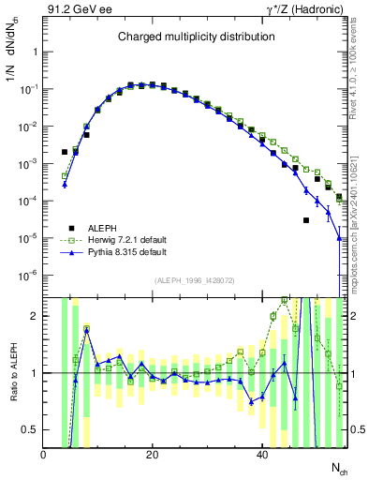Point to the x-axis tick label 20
tap(152, 453)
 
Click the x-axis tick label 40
tap(260, 453)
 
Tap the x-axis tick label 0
tap(43, 453)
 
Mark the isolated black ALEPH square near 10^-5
tap(306, 220)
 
